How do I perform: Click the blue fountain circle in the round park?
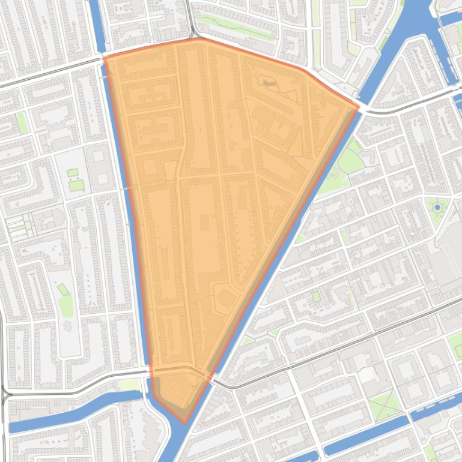pyautogui.click(x=437, y=207)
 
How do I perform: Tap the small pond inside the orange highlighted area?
pyautogui.click(x=269, y=84)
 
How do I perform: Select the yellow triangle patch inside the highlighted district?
pyautogui.click(x=296, y=143)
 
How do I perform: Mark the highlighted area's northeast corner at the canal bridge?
pyautogui.click(x=359, y=108)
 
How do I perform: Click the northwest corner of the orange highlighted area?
pyautogui.click(x=105, y=58)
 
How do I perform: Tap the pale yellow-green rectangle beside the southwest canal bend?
pyautogui.click(x=129, y=385)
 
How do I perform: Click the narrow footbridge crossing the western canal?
pyautogui.click(x=127, y=188)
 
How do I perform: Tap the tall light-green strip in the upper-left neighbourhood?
pyautogui.click(x=22, y=123)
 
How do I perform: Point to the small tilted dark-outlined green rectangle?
pyautogui.click(x=63, y=290)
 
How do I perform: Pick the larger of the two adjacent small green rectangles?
pyautogui.click(x=76, y=185)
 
